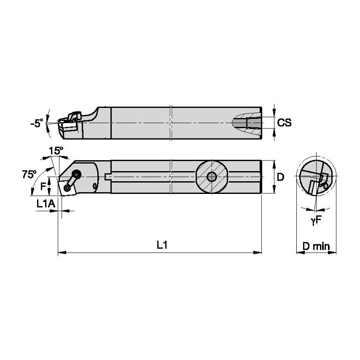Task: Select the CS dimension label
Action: pyautogui.click(x=285, y=123)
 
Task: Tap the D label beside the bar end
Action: pyautogui.click(x=280, y=177)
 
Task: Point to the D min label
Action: pyautogui.click(x=316, y=246)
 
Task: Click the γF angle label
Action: pyautogui.click(x=316, y=220)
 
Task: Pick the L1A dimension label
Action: pyautogui.click(x=46, y=204)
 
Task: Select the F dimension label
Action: pyautogui.click(x=43, y=185)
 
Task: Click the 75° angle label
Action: pyautogui.click(x=29, y=175)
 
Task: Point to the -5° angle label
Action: pyautogui.click(x=37, y=124)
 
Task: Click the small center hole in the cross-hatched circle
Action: pyautogui.click(x=212, y=177)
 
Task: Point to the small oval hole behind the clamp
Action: pyautogui.click(x=95, y=185)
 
